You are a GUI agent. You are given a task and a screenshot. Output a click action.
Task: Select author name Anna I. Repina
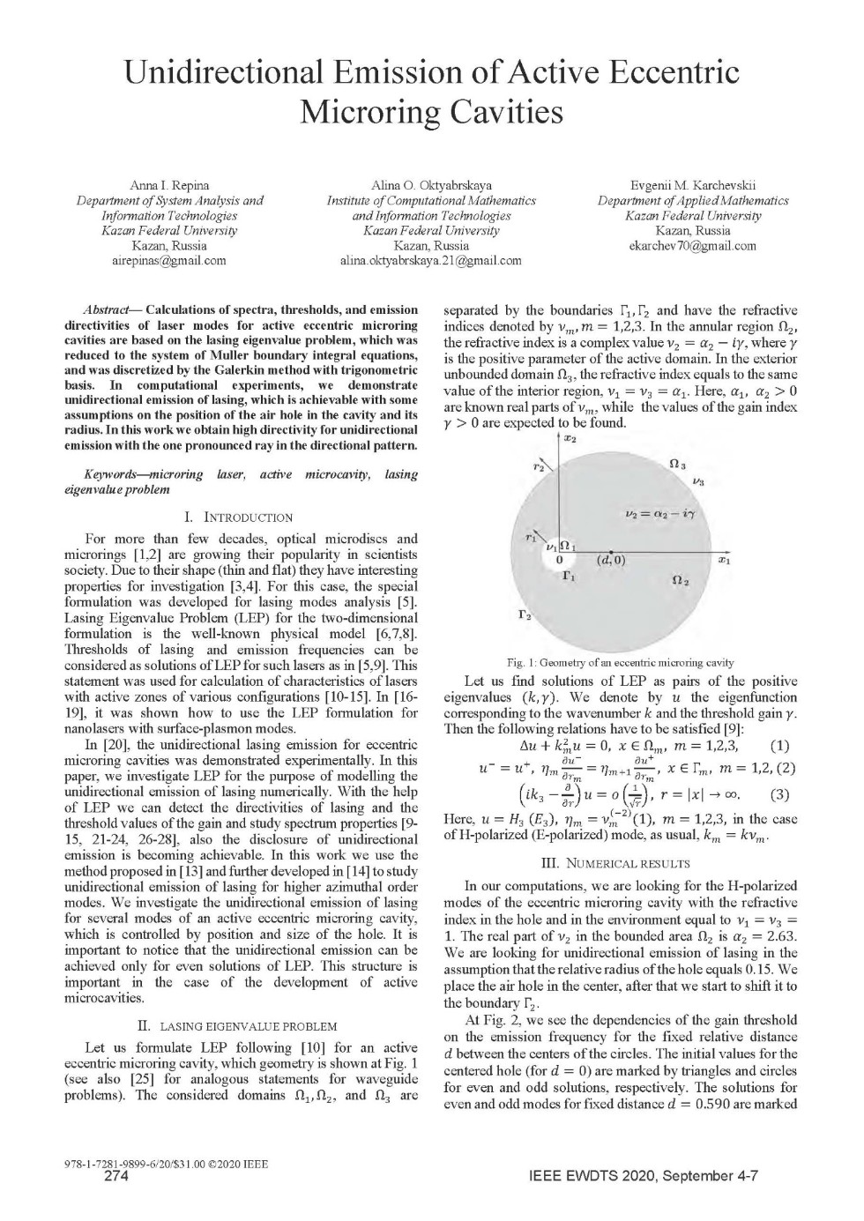click(x=169, y=185)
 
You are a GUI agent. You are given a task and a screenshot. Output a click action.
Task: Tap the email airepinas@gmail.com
click(x=169, y=260)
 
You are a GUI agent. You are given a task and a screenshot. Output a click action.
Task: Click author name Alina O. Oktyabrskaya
click(x=431, y=185)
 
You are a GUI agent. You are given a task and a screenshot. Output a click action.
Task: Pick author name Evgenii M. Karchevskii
click(x=693, y=185)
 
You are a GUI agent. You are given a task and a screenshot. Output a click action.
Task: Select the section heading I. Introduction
click(x=239, y=517)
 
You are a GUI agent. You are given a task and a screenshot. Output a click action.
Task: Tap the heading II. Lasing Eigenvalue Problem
click(x=238, y=1026)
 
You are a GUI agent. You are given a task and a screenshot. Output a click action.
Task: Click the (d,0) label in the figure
click(x=610, y=560)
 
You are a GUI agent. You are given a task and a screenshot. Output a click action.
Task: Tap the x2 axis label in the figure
click(x=570, y=439)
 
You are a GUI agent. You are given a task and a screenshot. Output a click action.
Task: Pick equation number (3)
click(x=779, y=794)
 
